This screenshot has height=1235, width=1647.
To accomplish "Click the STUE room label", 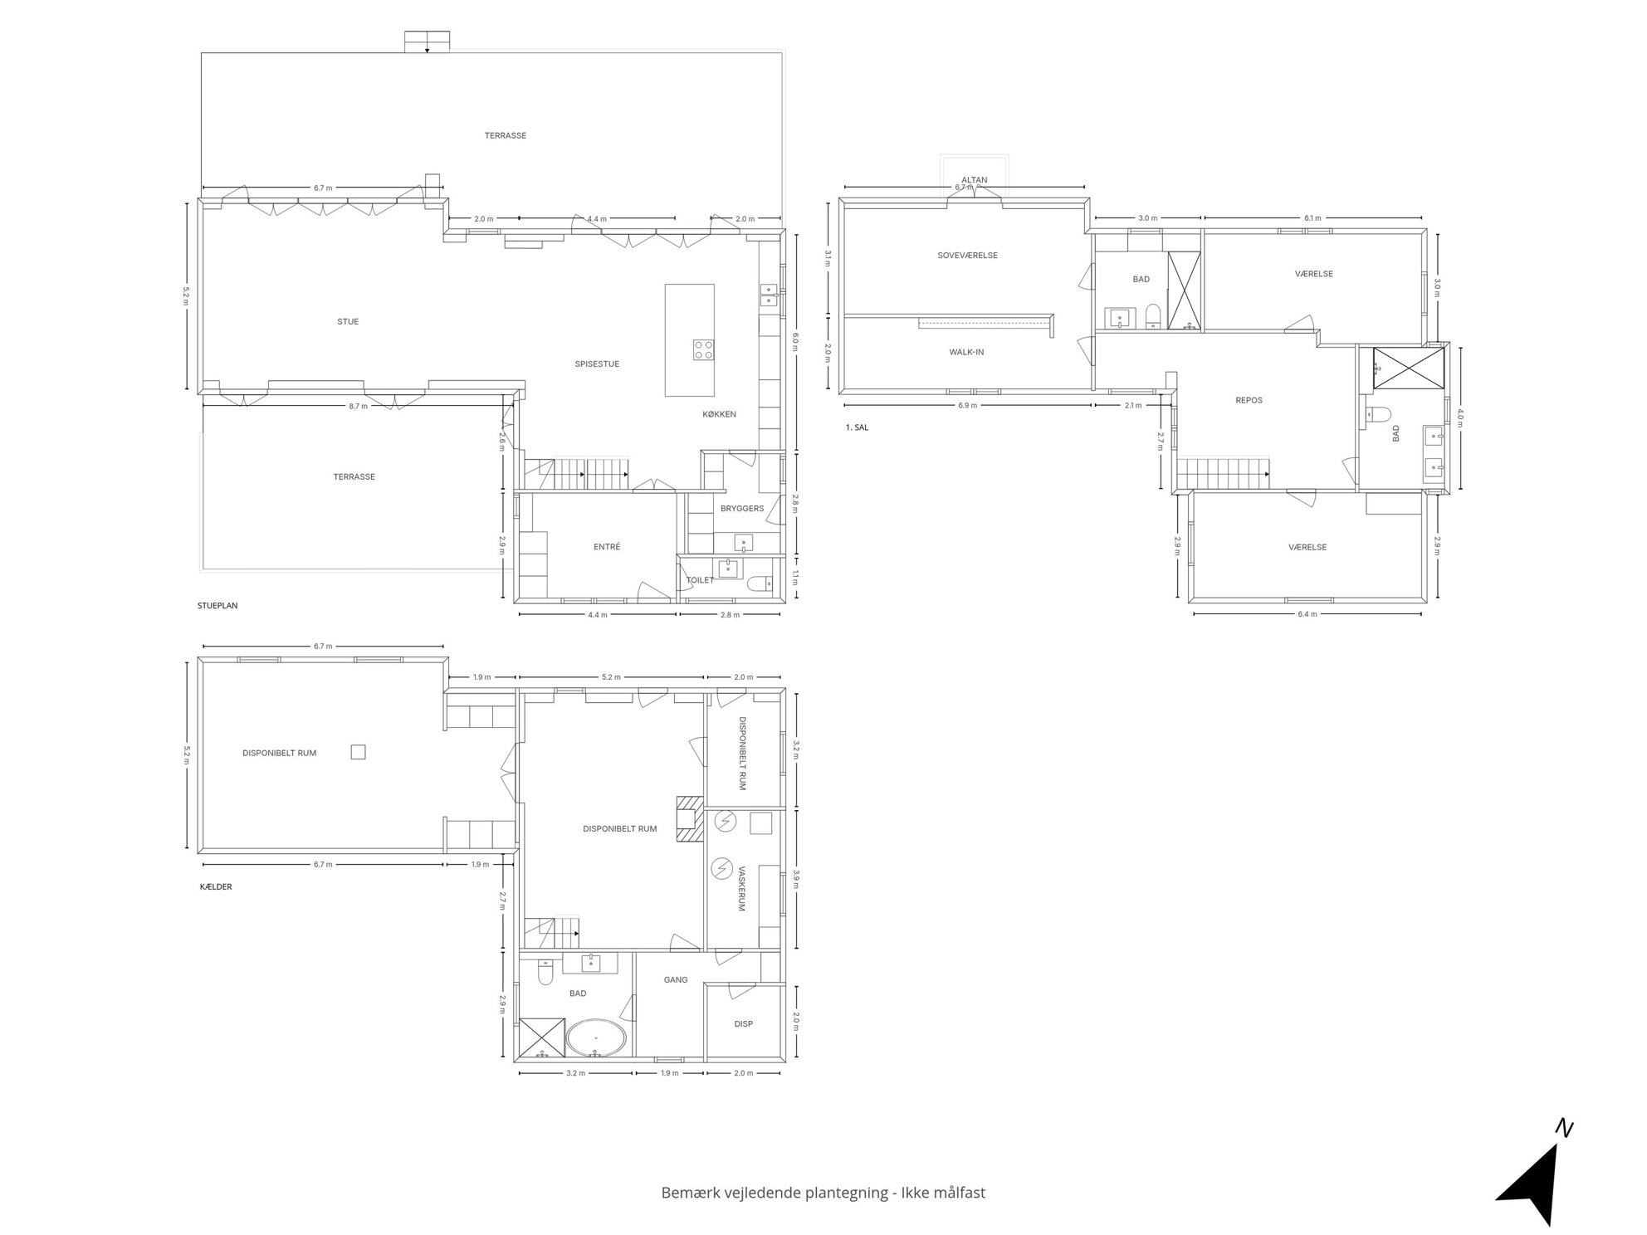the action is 348,322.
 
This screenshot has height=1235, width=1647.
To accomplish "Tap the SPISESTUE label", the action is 597,364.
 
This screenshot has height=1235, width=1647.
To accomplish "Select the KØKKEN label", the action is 719,414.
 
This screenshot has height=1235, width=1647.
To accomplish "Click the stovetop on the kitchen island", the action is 704,349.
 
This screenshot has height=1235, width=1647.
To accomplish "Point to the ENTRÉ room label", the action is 607,547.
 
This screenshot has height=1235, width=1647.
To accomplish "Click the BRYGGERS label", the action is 742,509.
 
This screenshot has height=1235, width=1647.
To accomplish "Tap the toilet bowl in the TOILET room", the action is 758,584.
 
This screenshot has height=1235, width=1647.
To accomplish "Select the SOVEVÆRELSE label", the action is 967,256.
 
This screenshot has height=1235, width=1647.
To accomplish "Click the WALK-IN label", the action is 966,352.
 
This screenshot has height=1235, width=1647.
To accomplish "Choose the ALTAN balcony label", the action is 975,180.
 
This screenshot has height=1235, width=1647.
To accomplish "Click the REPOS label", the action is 1249,400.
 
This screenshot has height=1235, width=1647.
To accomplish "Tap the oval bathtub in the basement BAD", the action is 596,1038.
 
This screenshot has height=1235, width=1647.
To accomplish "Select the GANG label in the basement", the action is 676,980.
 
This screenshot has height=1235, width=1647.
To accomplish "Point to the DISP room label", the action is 744,1024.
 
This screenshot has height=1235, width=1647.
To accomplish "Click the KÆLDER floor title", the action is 216,887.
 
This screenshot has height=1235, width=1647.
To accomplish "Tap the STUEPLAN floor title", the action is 217,606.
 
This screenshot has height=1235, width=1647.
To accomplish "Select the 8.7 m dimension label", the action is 358,407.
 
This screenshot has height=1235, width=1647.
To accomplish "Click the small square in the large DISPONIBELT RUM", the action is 358,752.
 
